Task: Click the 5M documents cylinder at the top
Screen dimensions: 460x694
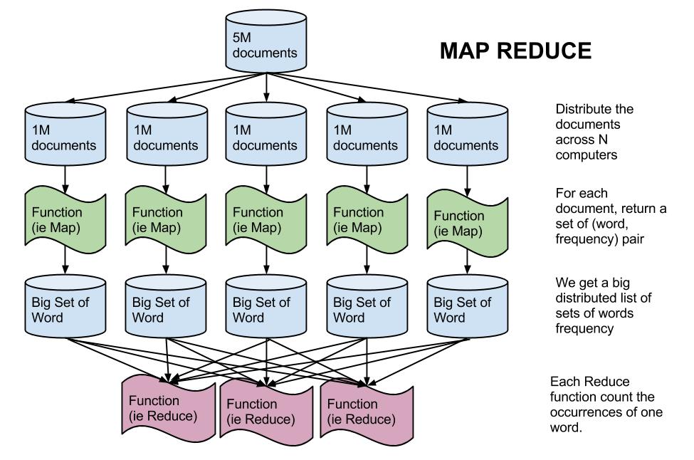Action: point(267,45)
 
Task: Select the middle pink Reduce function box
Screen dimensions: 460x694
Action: point(266,411)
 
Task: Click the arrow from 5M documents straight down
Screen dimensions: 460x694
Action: point(267,88)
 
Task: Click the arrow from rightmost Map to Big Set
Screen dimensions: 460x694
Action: point(466,262)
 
